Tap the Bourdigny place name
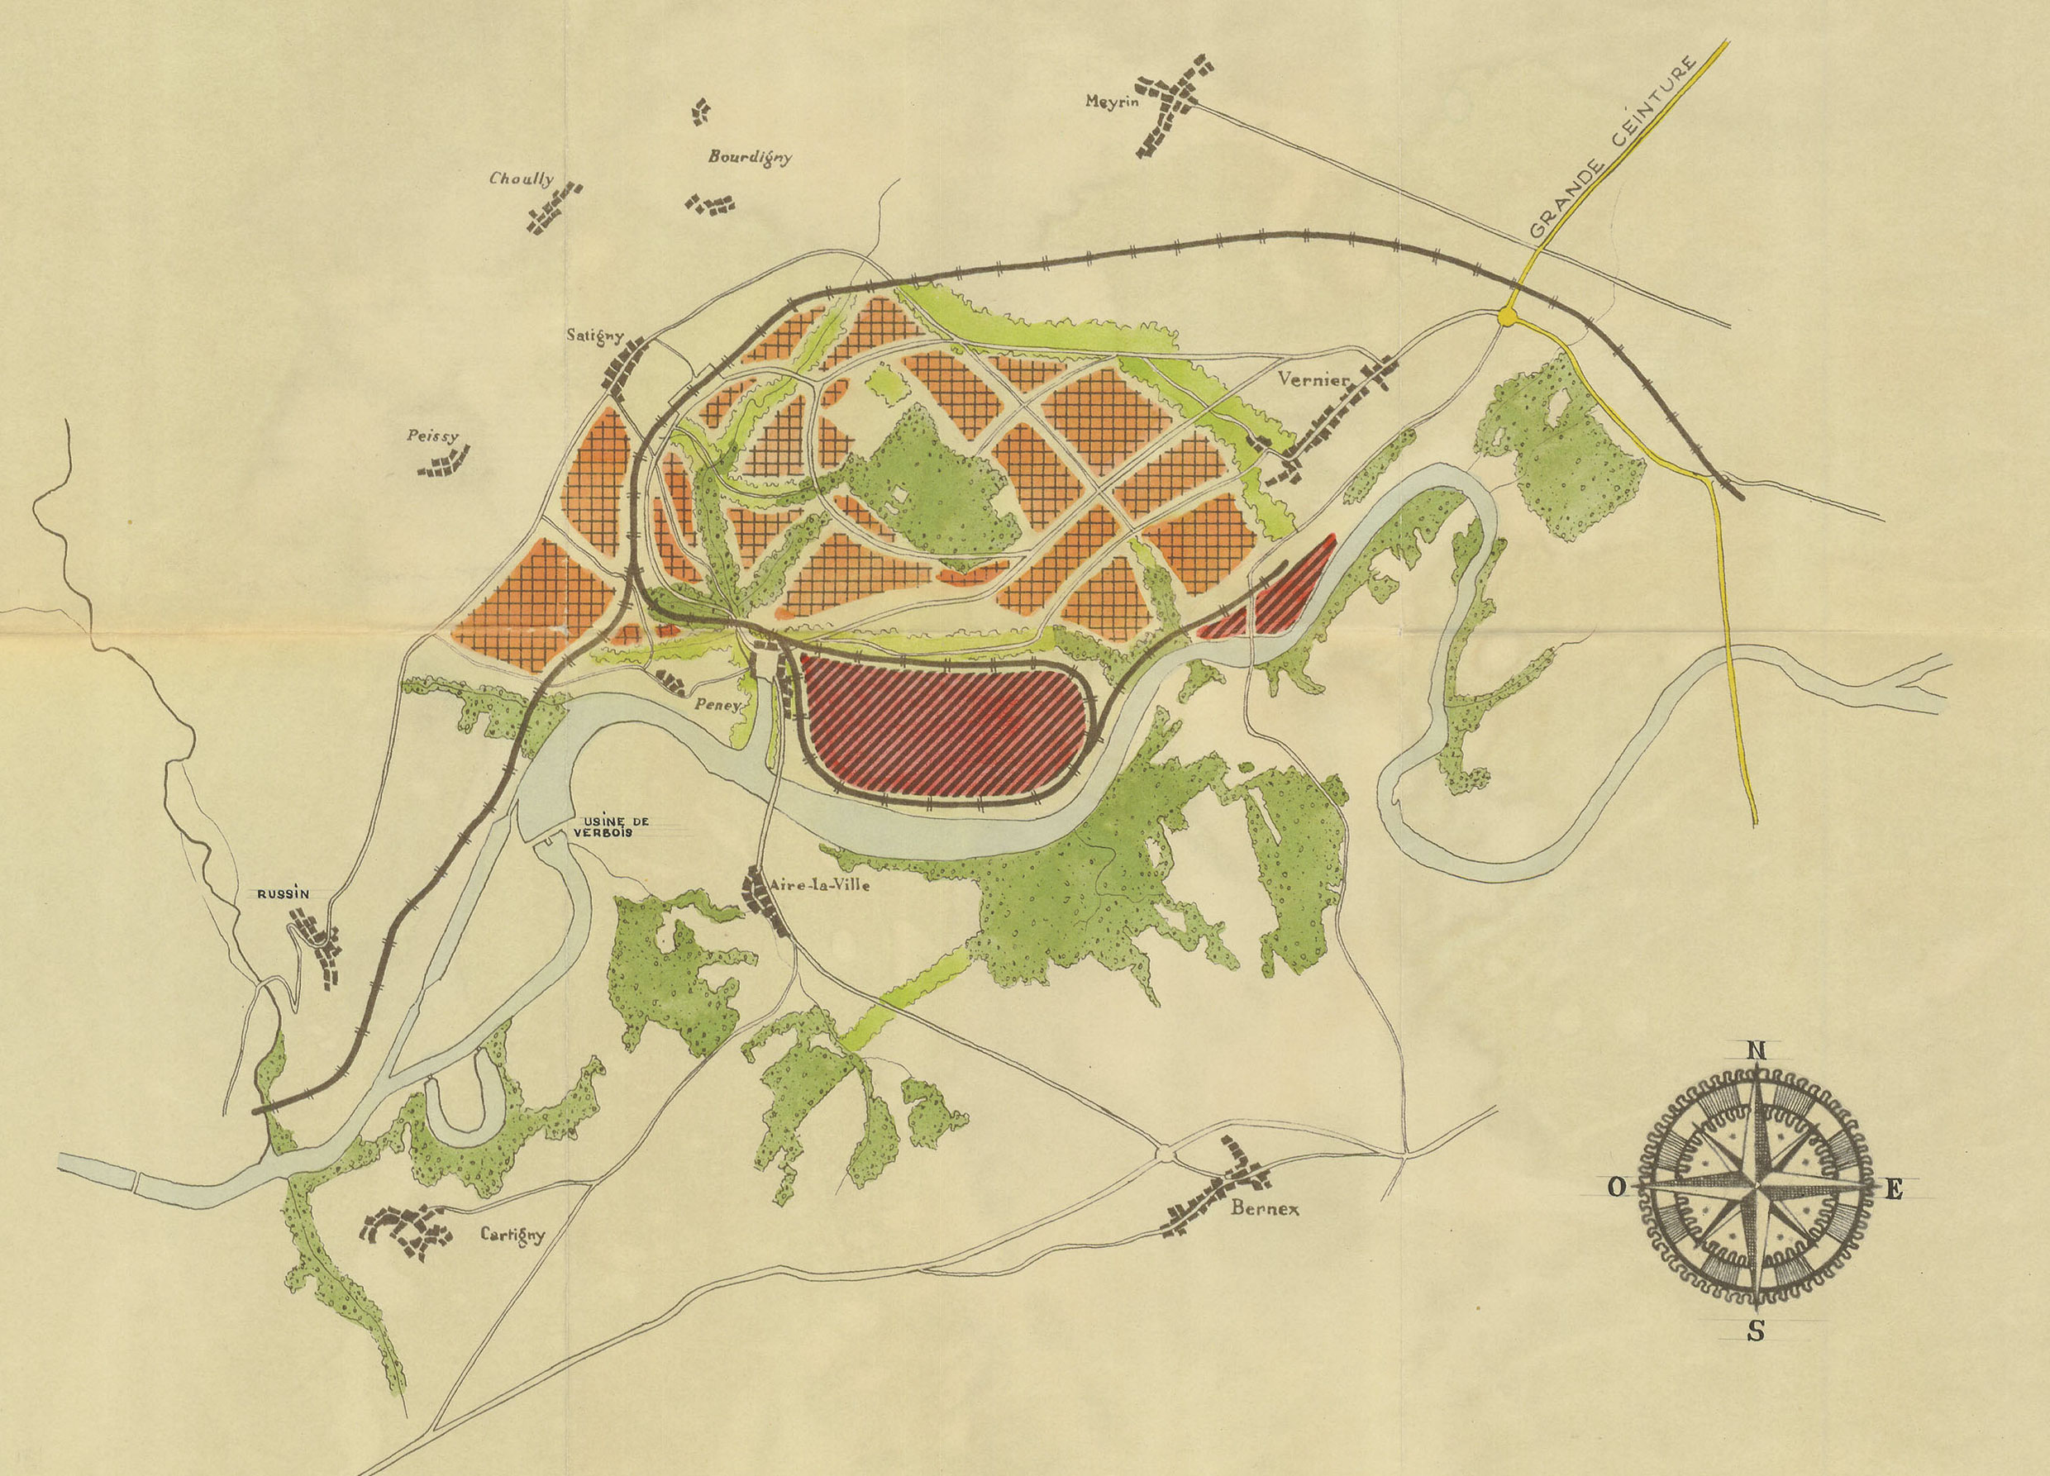pyautogui.click(x=749, y=157)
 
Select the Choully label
pyautogui.click(x=522, y=179)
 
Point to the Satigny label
pyautogui.click(x=595, y=336)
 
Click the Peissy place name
pyautogui.click(x=433, y=436)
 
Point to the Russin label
pyautogui.click(x=283, y=893)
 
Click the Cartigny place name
pyautogui.click(x=512, y=1235)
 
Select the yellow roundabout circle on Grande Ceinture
pyautogui.click(x=1507, y=317)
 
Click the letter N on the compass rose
pyautogui.click(x=1757, y=1050)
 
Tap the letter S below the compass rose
pyautogui.click(x=1756, y=1356)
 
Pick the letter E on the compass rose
pyautogui.click(x=1894, y=1190)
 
